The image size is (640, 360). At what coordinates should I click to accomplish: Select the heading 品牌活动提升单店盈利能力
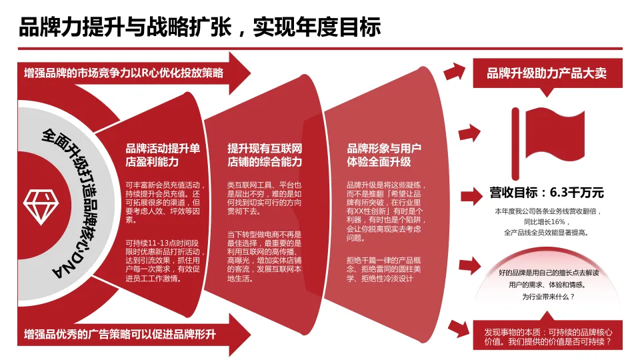162,155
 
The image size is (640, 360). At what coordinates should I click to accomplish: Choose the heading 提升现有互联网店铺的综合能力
265,155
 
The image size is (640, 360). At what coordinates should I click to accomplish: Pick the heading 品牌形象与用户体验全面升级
383,155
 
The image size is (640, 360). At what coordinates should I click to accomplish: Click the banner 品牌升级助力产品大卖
547,73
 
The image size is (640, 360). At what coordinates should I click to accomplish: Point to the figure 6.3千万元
577,193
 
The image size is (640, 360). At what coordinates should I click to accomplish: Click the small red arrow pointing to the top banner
453,71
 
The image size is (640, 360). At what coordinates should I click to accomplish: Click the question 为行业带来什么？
547,297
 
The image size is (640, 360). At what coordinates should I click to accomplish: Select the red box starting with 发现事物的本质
547,338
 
